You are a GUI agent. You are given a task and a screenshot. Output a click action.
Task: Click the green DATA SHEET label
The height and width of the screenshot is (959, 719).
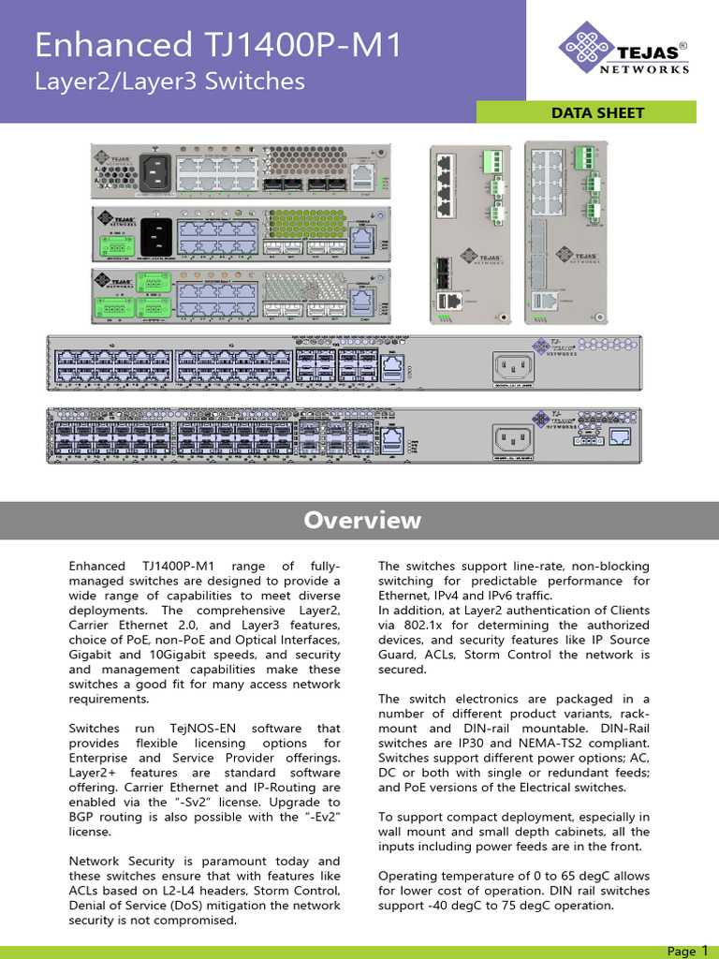(x=597, y=112)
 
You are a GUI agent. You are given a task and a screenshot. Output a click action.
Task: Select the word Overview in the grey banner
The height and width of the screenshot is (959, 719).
(x=361, y=521)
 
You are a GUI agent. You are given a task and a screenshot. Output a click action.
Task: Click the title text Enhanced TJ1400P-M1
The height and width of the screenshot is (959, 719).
(x=218, y=46)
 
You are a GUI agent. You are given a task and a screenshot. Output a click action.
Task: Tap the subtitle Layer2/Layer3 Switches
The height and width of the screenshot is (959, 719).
(x=169, y=81)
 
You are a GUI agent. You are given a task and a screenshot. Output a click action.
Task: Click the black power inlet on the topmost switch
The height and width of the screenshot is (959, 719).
(x=155, y=171)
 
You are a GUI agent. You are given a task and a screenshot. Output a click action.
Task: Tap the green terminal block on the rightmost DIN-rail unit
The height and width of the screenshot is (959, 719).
(x=589, y=156)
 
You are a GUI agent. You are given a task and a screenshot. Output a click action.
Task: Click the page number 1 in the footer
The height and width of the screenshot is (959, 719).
(x=704, y=951)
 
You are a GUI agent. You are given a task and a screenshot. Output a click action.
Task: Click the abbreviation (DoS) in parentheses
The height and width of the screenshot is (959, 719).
(x=182, y=905)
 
